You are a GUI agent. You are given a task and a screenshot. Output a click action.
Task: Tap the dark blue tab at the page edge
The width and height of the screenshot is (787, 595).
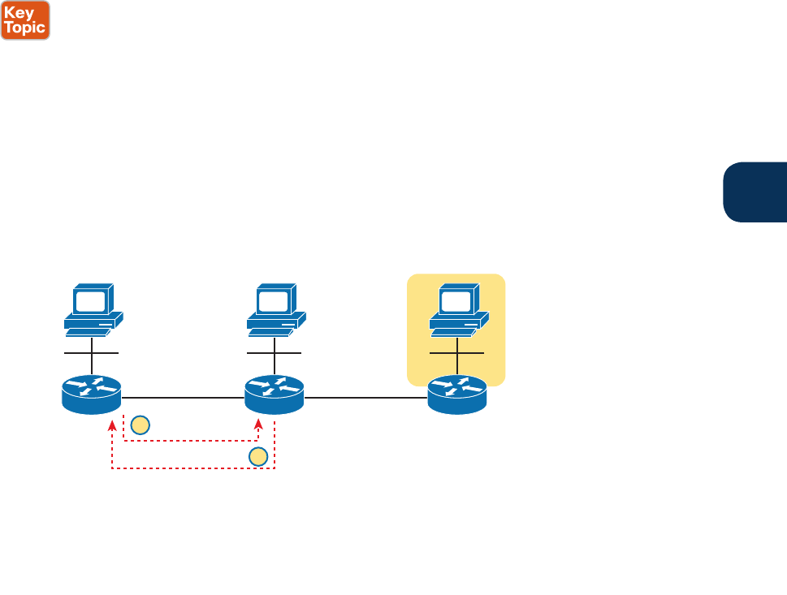755,192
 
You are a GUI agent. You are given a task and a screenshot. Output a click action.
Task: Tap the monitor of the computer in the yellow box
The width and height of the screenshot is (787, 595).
456,301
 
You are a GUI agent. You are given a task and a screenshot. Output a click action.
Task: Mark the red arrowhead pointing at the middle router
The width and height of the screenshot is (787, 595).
258,425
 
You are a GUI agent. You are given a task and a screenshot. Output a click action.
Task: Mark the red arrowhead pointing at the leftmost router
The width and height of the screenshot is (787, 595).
112,425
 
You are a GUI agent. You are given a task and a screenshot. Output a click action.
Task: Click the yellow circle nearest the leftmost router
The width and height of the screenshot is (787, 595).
140,424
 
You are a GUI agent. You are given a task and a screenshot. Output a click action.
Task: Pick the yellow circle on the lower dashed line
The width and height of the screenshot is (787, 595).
258,457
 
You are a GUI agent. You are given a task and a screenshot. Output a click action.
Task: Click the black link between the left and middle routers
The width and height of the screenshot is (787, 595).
183,398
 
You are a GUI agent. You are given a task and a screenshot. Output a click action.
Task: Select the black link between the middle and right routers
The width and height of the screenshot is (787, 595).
366,398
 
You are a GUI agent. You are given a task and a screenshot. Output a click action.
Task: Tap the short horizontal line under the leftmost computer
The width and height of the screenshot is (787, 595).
92,353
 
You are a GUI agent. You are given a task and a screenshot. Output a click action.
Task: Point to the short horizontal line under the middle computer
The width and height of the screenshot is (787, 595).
275,353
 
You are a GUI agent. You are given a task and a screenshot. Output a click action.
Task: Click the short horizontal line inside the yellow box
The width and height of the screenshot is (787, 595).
457,353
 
